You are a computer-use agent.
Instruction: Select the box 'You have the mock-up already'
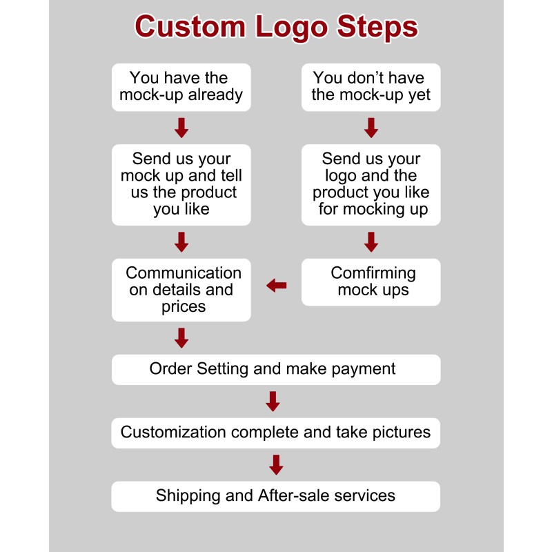pos(181,87)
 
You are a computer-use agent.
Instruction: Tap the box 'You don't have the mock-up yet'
pos(371,87)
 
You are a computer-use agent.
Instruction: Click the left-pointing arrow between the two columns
pos(277,285)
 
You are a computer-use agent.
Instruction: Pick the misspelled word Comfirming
pos(373,273)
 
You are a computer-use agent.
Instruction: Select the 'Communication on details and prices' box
pos(181,290)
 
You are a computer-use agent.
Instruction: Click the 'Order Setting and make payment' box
pos(276,369)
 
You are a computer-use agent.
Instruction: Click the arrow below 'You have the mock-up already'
pos(181,128)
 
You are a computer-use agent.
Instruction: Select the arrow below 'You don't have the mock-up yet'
pos(371,128)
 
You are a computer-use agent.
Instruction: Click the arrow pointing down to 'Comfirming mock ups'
pos(371,241)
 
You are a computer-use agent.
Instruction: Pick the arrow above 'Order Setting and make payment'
pos(181,337)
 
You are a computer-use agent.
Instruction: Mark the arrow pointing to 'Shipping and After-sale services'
pos(276,464)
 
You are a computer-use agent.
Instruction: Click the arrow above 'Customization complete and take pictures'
pos(273,401)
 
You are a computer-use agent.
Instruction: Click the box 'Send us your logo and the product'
pos(371,184)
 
